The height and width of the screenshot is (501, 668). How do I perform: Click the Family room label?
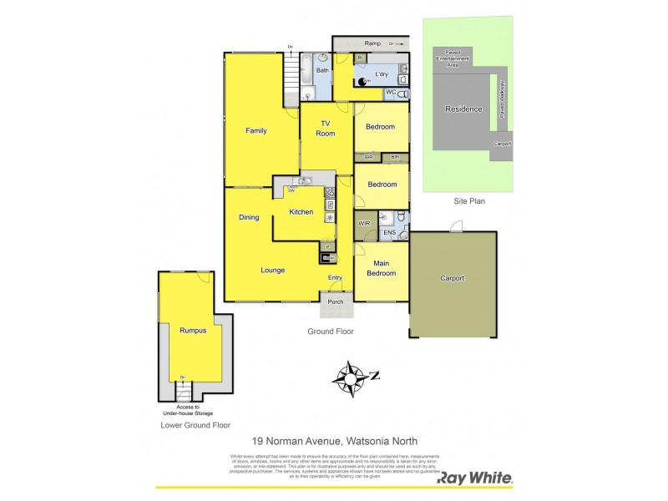point(256,131)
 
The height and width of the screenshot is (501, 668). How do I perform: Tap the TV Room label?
point(326,129)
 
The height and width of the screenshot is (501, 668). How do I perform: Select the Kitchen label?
point(301,212)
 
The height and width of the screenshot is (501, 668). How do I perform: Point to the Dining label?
point(249,218)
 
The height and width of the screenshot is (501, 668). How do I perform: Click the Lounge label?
point(272,271)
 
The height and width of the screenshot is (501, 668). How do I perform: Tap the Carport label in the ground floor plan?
point(452,279)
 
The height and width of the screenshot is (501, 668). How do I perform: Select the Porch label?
point(336,302)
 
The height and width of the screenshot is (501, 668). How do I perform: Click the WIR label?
point(364,224)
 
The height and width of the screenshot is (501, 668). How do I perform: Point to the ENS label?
point(389,234)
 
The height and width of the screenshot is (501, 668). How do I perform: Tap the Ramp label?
point(372,43)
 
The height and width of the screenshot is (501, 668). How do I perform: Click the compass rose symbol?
point(351,377)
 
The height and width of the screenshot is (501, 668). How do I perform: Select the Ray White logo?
point(476,479)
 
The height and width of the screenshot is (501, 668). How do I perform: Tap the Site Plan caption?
point(468,201)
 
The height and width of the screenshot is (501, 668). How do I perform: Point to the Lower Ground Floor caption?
point(195,425)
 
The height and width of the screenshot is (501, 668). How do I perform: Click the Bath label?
point(322,71)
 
